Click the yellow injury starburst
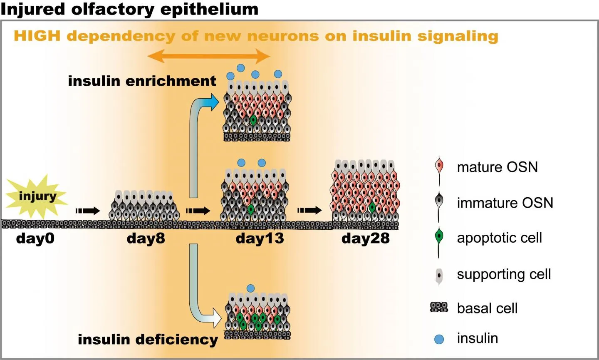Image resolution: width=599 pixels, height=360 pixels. [37, 197]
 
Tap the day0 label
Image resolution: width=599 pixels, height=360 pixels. [35, 238]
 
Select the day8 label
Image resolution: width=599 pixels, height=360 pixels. [146, 238]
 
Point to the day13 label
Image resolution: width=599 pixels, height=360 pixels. [260, 238]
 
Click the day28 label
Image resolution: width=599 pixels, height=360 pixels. [366, 238]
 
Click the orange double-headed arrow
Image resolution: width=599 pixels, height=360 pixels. [209, 56]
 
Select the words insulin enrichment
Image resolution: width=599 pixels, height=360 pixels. [142, 81]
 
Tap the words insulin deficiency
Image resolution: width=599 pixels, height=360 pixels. [148, 339]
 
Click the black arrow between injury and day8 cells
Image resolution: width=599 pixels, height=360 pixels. [88, 211]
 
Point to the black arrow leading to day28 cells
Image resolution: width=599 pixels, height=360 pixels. [309, 211]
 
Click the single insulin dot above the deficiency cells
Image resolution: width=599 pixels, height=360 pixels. [250, 288]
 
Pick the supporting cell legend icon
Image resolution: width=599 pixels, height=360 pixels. [439, 275]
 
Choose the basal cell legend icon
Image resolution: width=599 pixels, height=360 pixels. [439, 308]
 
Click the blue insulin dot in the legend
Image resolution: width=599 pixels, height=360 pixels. [439, 339]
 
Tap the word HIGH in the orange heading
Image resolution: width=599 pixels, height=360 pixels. [37, 36]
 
